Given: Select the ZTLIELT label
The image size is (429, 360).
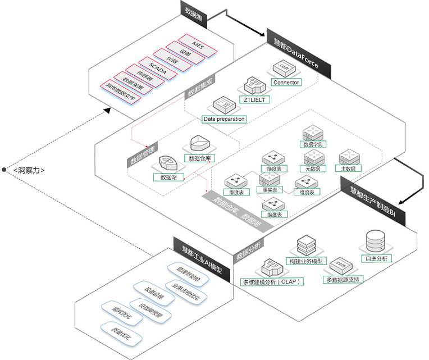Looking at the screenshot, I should (x=254, y=99).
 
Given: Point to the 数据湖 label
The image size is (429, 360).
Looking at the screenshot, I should (x=168, y=176).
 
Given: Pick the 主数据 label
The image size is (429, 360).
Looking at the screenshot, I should (x=348, y=168).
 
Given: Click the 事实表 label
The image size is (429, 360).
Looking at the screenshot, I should (x=270, y=189).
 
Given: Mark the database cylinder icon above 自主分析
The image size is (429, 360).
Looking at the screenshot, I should (x=375, y=240).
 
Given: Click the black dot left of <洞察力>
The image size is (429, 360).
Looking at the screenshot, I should (x=4, y=170).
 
